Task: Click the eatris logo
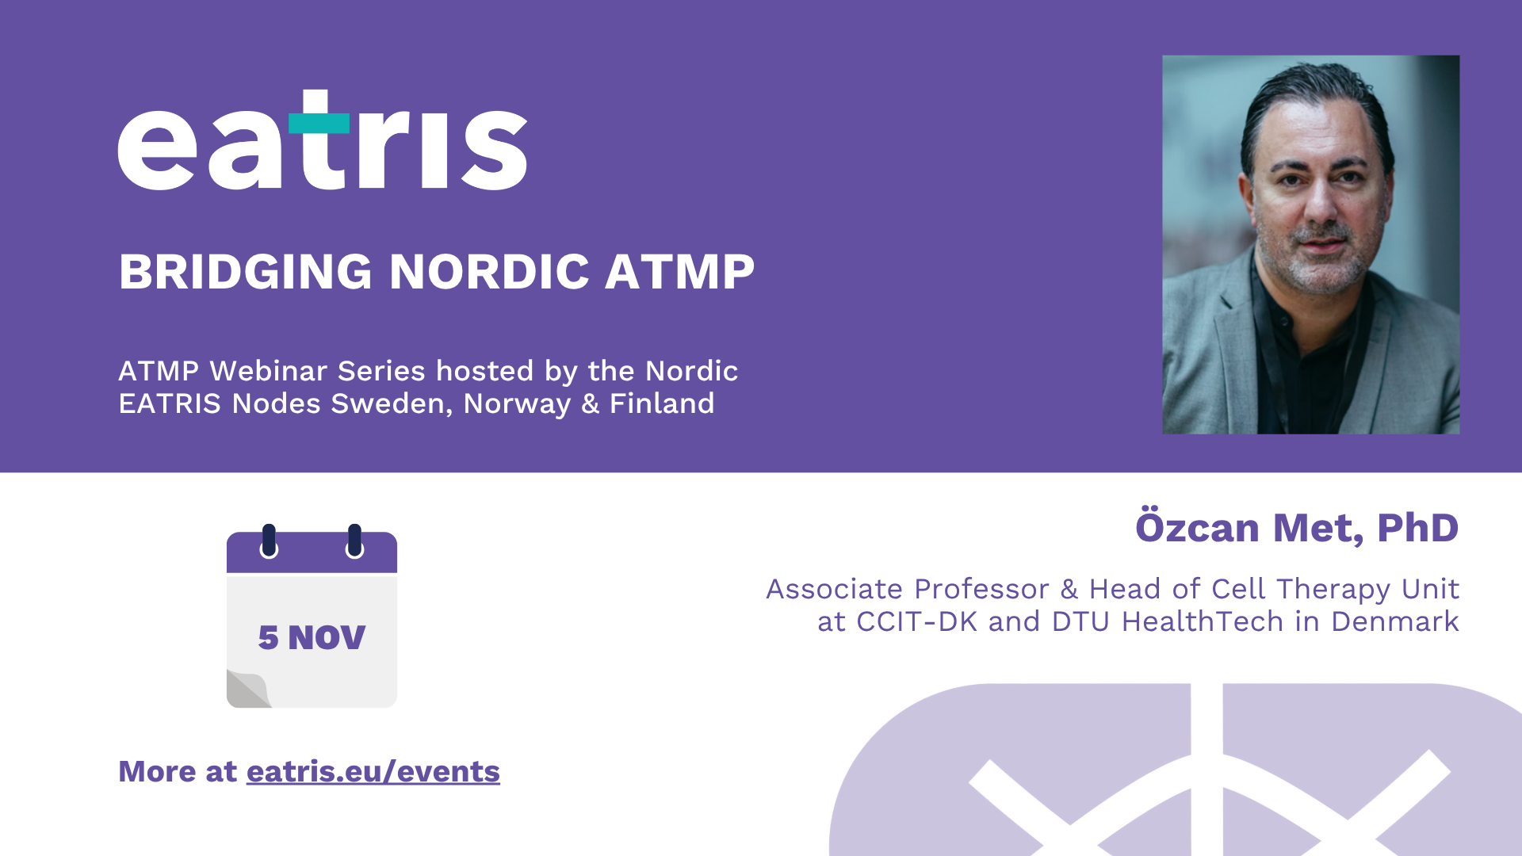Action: [323, 140]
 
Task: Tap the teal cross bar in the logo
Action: [319, 123]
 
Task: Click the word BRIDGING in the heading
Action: [245, 272]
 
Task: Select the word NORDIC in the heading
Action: [489, 272]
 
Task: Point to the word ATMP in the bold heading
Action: [680, 272]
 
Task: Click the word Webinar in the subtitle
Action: [269, 371]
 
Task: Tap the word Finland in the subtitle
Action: [662, 403]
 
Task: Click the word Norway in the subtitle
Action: [517, 404]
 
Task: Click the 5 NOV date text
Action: [312, 637]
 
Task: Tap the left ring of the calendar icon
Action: [269, 541]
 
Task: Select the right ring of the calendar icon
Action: [354, 541]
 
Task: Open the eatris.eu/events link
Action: [373, 771]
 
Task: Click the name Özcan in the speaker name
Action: [1197, 526]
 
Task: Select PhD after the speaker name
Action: [1417, 528]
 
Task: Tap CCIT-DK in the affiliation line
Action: [917, 621]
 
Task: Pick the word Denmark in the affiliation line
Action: [1395, 621]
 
